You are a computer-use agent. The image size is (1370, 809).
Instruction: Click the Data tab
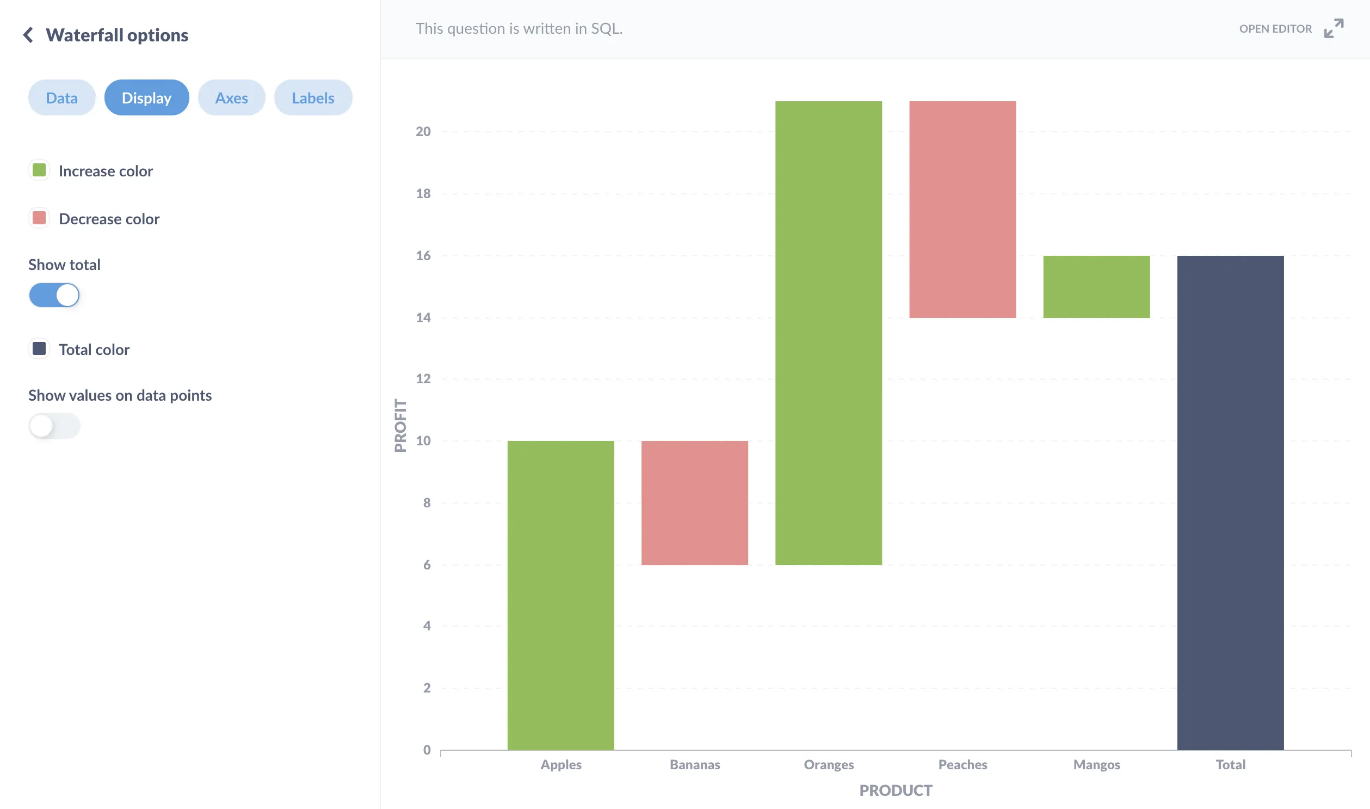click(61, 97)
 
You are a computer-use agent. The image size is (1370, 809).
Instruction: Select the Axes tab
click(232, 97)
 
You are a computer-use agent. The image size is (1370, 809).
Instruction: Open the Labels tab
click(313, 97)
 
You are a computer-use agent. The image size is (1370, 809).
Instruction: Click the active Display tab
click(146, 97)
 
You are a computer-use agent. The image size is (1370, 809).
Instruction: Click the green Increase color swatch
click(39, 170)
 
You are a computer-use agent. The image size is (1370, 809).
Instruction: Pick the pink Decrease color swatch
click(39, 218)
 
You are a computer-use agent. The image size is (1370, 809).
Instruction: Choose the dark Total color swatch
click(39, 349)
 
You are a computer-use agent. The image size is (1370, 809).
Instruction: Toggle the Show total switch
click(54, 295)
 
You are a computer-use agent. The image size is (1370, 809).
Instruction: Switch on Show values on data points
click(54, 426)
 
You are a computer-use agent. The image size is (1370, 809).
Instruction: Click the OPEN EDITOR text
click(1275, 29)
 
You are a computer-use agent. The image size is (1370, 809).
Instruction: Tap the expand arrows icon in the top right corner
click(1334, 28)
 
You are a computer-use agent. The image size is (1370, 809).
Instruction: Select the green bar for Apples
click(560, 595)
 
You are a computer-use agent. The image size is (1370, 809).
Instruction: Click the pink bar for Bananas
click(695, 502)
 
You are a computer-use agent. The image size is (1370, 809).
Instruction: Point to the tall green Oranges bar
click(829, 333)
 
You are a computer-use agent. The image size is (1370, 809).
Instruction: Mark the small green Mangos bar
click(1096, 287)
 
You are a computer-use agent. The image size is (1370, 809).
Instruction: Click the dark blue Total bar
click(1230, 502)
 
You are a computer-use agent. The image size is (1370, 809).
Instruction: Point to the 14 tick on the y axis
click(423, 318)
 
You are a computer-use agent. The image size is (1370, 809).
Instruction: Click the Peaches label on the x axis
click(962, 764)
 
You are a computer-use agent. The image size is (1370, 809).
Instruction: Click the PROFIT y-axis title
click(400, 426)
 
